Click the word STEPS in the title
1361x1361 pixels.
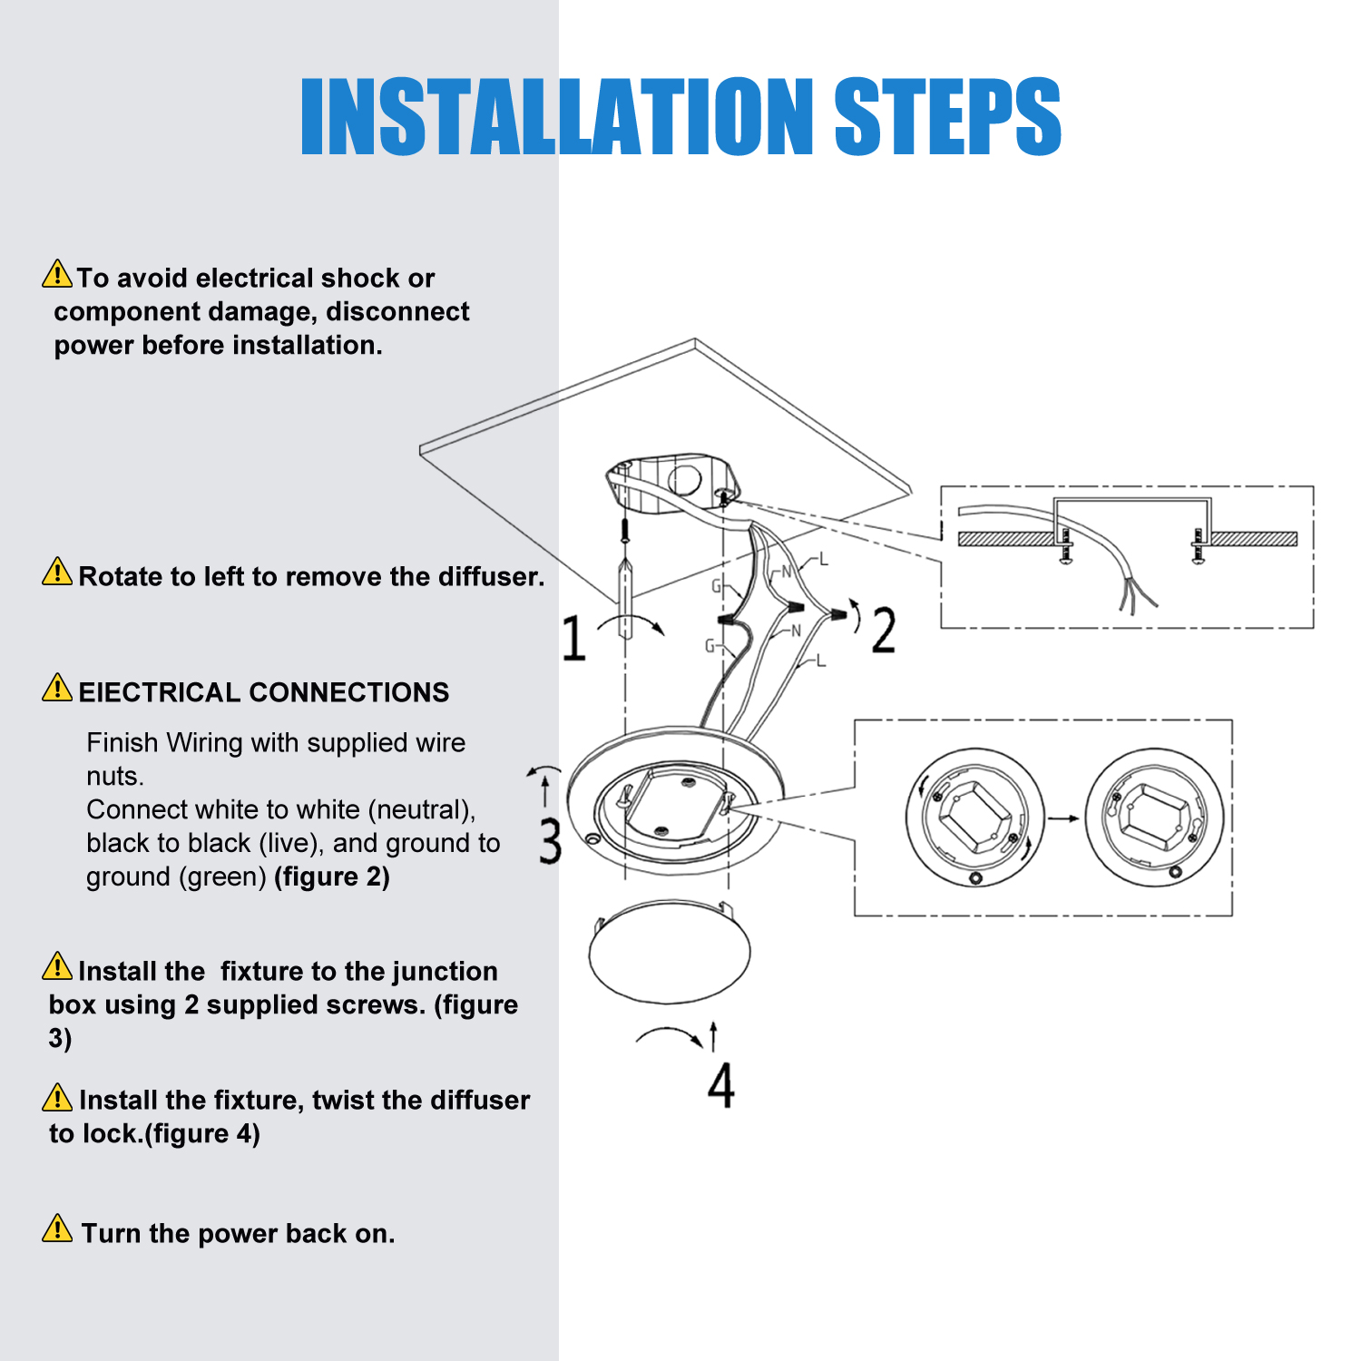[x=947, y=116]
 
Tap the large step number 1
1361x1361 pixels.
[x=573, y=637]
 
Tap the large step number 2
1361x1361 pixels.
[x=884, y=630]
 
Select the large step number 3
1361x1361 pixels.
[x=550, y=840]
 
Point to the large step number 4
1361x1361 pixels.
[x=720, y=1085]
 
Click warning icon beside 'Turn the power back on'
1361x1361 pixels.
[x=57, y=1229]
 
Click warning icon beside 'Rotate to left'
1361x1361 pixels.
[x=57, y=572]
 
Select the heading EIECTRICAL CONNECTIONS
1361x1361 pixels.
[x=263, y=692]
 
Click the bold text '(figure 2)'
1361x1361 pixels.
[x=332, y=876]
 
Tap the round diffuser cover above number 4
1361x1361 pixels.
[x=670, y=953]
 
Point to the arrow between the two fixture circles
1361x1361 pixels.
[x=1063, y=818]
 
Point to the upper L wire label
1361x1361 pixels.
[x=824, y=559]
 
